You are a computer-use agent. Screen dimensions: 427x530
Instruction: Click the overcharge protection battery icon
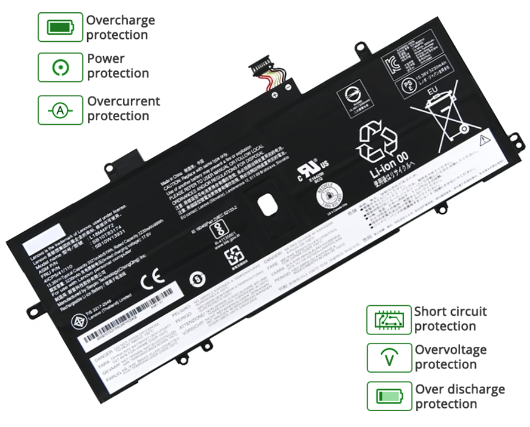click(60, 27)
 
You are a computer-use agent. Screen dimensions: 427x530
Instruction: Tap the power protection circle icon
click(60, 67)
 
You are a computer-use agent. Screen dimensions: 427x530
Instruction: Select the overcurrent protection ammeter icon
click(60, 110)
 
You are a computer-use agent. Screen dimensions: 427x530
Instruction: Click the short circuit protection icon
click(389, 320)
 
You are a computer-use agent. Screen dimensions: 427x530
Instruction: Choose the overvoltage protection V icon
click(389, 358)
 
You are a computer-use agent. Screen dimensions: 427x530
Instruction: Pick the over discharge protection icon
click(389, 396)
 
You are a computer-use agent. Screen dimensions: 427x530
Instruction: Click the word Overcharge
click(121, 20)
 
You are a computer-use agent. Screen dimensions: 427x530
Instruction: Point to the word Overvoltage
click(451, 350)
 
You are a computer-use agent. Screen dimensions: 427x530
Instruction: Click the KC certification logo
click(393, 63)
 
